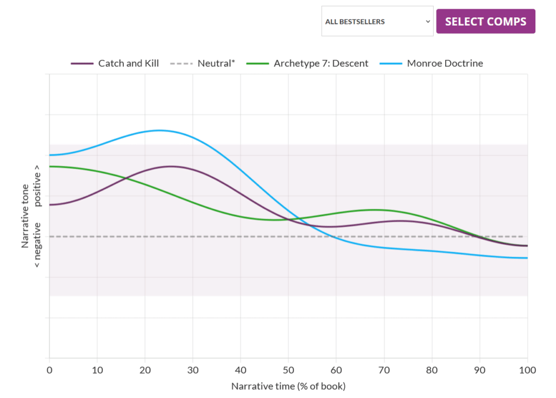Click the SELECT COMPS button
point(485,22)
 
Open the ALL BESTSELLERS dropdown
point(377,22)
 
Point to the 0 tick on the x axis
point(49,371)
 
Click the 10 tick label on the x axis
point(97,371)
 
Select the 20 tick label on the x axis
point(144,371)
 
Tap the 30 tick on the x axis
point(193,371)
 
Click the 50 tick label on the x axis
point(288,371)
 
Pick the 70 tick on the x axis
point(384,371)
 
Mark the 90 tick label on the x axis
point(479,371)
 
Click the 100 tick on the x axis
point(527,371)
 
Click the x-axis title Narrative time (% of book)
point(288,387)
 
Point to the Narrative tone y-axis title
point(25,216)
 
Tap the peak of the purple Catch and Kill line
point(171,166)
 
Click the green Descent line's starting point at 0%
point(50,166)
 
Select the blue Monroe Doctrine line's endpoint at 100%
point(527,258)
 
